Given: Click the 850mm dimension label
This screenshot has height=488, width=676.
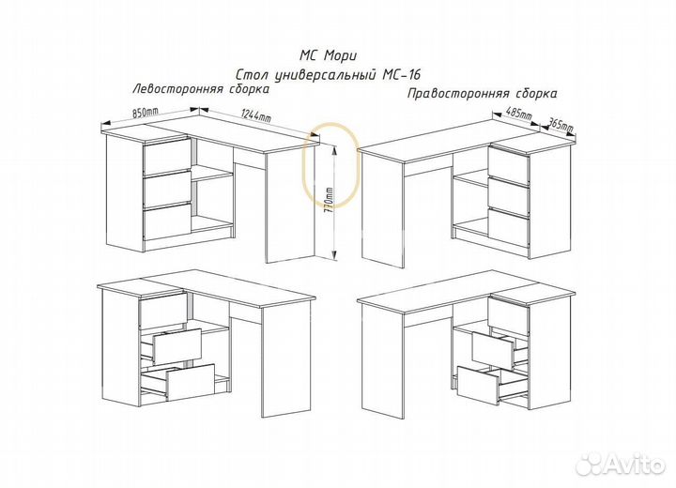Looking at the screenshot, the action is tap(146, 112).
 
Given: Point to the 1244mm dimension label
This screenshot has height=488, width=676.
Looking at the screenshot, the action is tap(255, 115).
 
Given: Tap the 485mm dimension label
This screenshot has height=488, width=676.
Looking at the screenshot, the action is tap(519, 114).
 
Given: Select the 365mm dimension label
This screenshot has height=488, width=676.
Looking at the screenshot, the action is tap(560, 126).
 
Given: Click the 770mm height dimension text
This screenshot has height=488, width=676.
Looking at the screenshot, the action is tap(329, 203).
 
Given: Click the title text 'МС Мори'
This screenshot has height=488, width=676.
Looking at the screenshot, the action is tap(328, 55).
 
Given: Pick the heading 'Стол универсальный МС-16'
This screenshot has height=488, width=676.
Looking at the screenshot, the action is tap(328, 75).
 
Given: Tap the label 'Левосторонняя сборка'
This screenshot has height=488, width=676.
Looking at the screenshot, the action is tap(201, 89).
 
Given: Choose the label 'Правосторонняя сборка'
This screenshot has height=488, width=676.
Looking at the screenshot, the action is tap(483, 94).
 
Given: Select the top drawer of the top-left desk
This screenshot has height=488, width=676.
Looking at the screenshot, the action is tap(167, 155).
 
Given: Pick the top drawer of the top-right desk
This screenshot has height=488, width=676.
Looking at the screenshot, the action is tap(509, 162).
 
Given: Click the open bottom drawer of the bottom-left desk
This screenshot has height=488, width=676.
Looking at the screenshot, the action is tap(179, 382).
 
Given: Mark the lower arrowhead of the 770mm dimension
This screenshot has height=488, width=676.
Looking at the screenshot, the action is tap(334, 255).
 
